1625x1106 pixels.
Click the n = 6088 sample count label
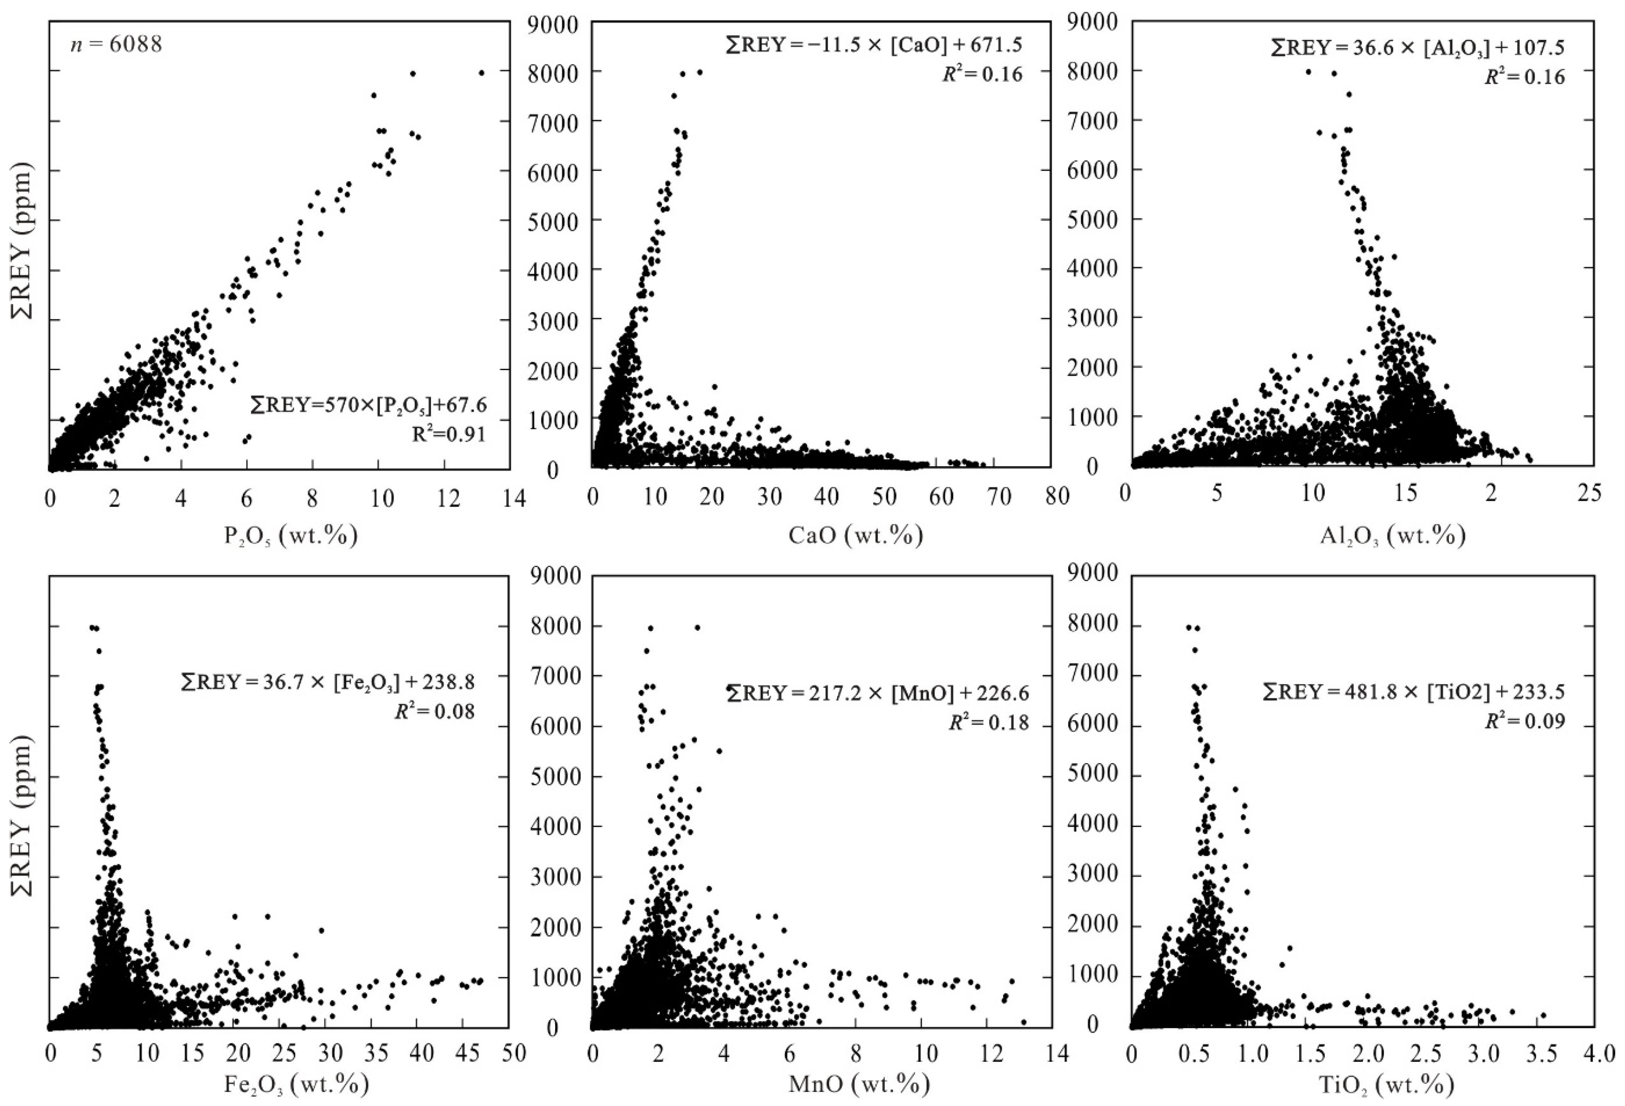(x=116, y=45)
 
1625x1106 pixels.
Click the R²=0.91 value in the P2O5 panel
(x=448, y=434)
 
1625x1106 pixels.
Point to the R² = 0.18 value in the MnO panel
(x=989, y=722)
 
